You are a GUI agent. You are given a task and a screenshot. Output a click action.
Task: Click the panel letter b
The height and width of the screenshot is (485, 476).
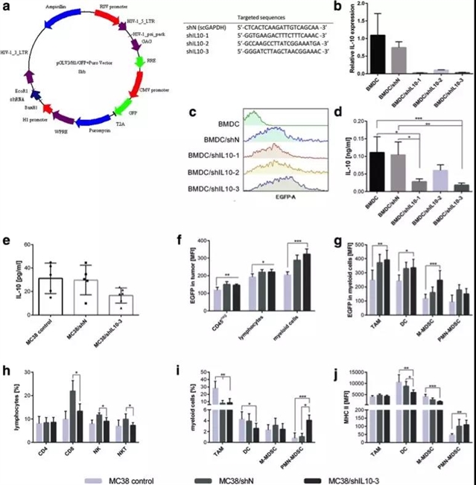[339, 7]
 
